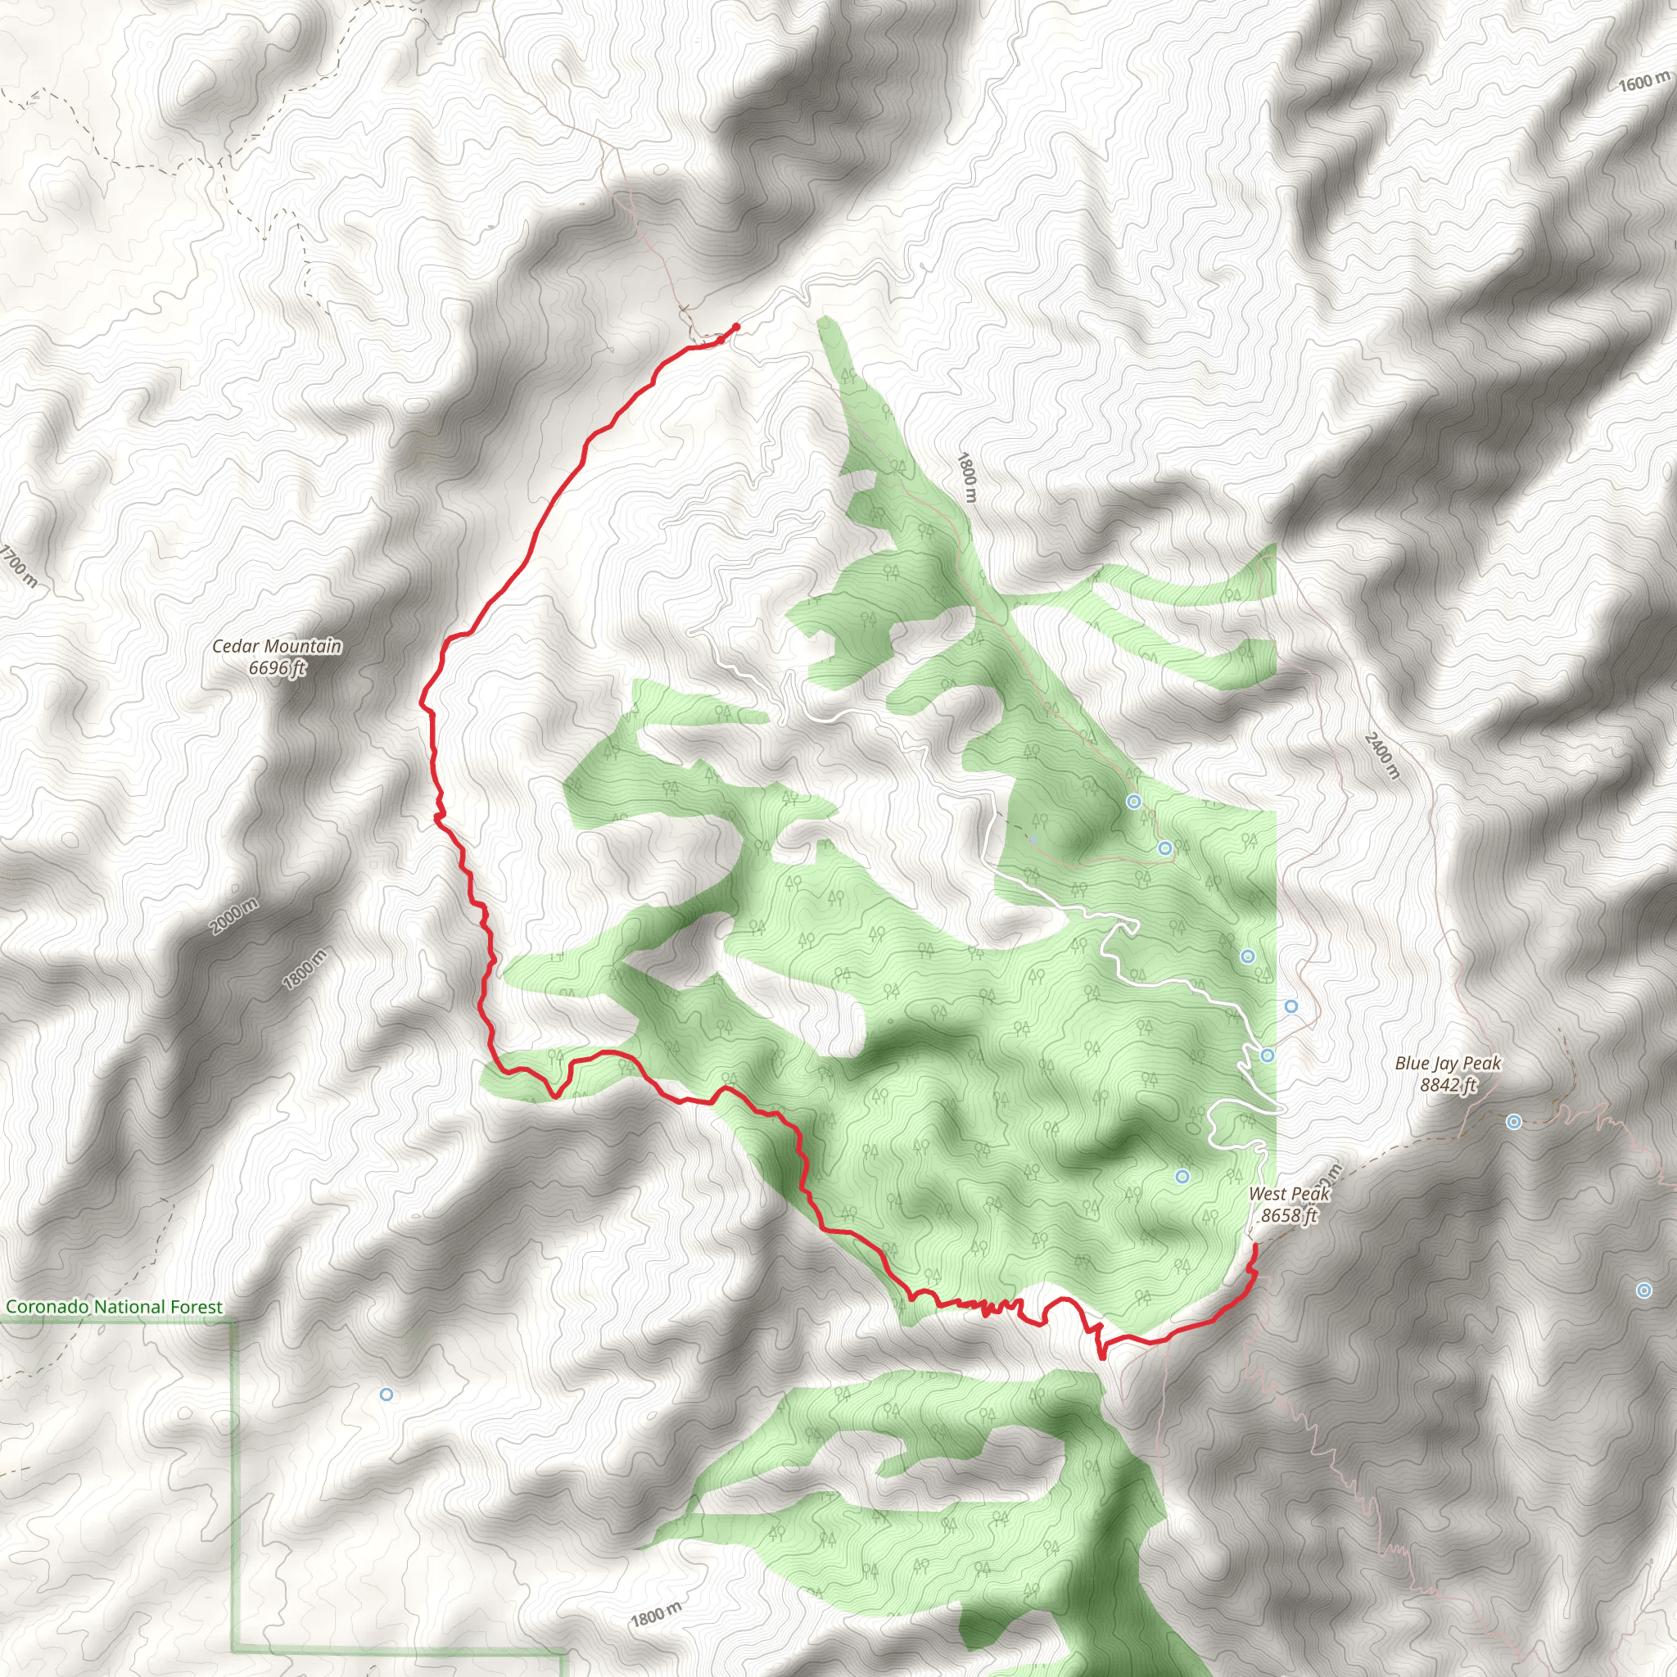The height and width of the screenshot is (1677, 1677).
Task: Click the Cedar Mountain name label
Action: [277, 647]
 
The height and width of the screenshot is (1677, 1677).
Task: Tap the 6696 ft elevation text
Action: [277, 668]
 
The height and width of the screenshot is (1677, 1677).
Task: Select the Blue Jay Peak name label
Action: [1448, 1064]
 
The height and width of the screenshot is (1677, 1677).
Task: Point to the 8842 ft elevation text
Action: [1448, 1085]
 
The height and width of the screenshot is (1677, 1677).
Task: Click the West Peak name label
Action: [1289, 1195]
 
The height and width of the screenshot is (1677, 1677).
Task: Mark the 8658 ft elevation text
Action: [1289, 1216]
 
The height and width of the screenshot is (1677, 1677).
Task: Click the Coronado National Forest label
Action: [115, 1307]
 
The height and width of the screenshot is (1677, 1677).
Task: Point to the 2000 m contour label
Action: [233, 917]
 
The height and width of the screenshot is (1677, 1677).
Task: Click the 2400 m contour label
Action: [1382, 756]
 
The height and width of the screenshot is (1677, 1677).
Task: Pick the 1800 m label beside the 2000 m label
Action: [305, 970]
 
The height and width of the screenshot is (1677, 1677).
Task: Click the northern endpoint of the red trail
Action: [736, 327]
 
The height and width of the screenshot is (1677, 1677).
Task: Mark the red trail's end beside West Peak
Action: [1255, 1245]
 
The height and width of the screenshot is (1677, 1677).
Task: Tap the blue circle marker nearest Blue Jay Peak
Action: [1514, 1123]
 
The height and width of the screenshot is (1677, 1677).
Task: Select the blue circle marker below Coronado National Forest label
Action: [386, 1394]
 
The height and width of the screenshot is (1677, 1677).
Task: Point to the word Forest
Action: [197, 1307]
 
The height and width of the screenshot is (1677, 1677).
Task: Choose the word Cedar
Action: [234, 647]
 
